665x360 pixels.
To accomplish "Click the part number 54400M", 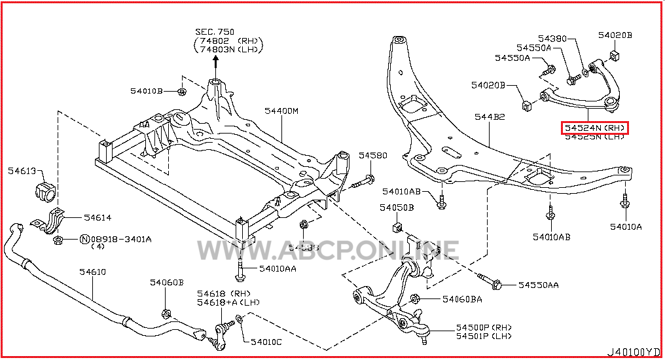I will pos(281,111).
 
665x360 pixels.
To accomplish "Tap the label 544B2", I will pos(490,117).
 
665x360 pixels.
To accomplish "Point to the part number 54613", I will pos(23,171).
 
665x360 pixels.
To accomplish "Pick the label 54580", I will pos(372,156).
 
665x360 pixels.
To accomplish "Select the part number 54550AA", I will pos(539,285).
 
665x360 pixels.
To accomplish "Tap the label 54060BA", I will pos(462,299).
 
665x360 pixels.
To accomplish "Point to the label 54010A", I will pos(626,226).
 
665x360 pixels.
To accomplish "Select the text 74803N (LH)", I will pos(228,49).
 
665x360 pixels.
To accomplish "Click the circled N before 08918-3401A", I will pos(84,240).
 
